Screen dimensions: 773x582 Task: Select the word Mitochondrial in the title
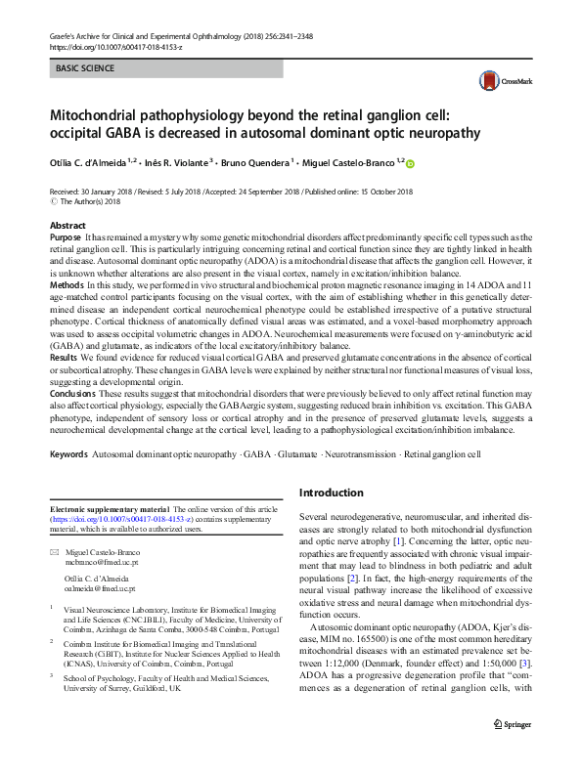click(x=101, y=114)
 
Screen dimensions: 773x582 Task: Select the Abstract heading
click(x=67, y=226)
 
